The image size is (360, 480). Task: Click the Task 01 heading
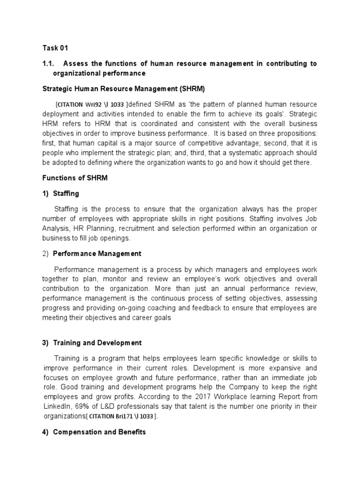coord(55,47)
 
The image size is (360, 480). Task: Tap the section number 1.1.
coord(49,63)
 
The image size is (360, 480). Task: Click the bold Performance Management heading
coord(97,254)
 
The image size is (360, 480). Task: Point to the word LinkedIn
coord(56,397)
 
